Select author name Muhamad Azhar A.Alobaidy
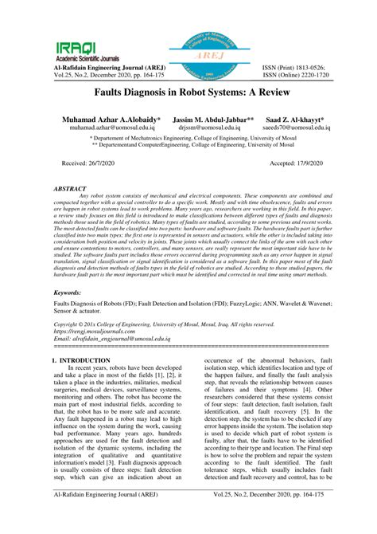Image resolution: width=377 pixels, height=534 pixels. (105, 118)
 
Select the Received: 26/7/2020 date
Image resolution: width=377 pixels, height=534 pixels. (91, 162)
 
